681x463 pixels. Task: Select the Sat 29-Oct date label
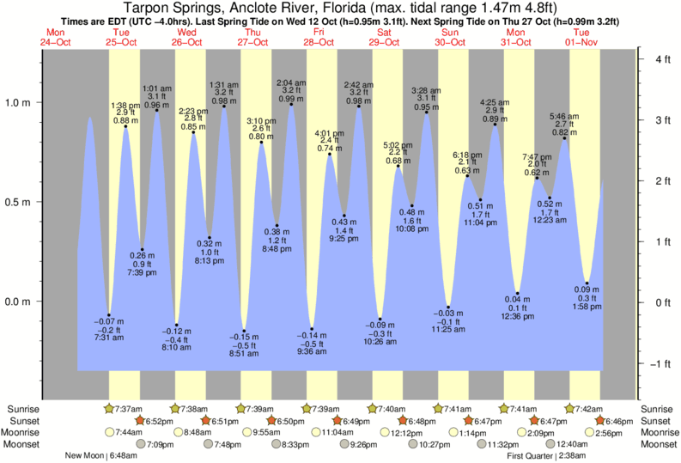[384, 36]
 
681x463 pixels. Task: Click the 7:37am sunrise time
[129, 408]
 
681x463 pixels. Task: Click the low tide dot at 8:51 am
[244, 331]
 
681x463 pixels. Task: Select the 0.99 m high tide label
[291, 99]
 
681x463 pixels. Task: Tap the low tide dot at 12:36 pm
[518, 294]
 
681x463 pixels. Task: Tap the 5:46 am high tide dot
[564, 137]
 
